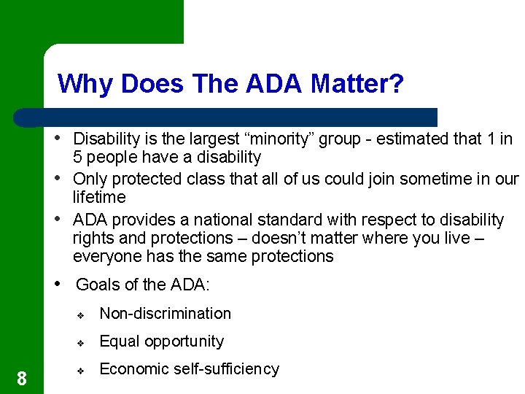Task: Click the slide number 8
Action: [22, 378]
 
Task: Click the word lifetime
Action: [99, 198]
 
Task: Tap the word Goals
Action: [98, 285]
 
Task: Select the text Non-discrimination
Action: [165, 314]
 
